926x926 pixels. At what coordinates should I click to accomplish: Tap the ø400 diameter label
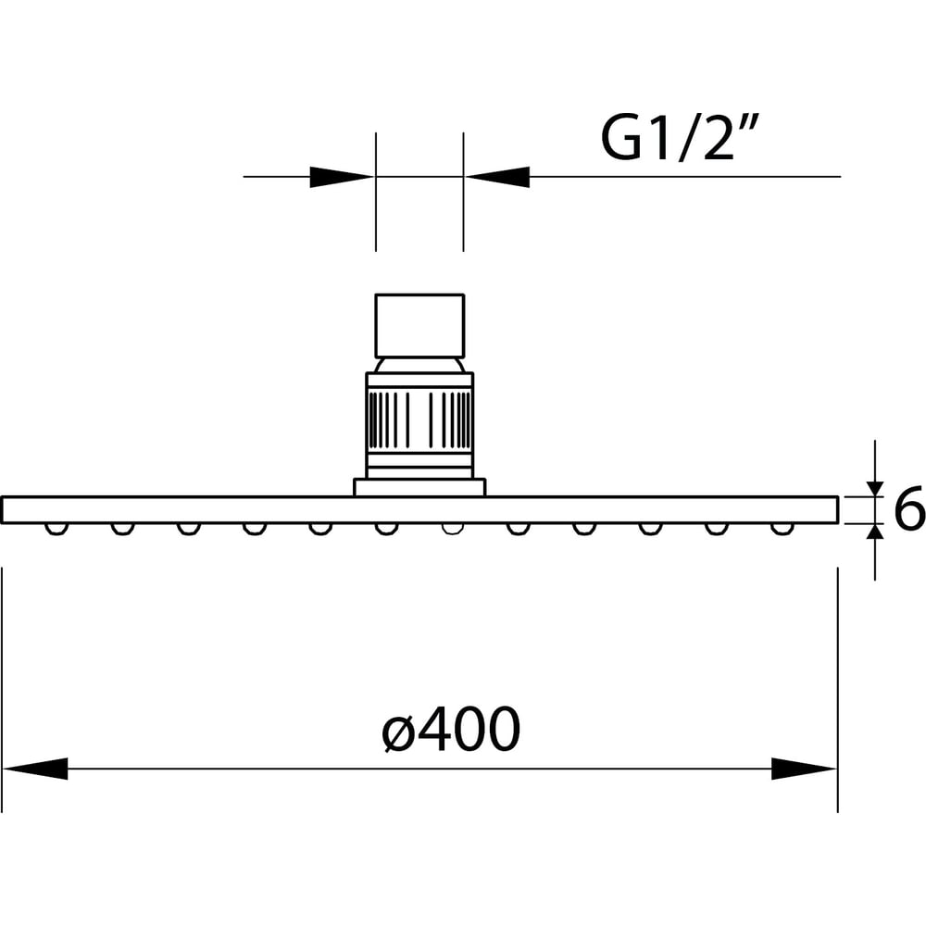pos(451,729)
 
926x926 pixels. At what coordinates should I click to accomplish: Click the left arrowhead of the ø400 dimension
pos(35,769)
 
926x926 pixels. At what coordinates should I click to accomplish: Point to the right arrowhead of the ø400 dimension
pos(805,769)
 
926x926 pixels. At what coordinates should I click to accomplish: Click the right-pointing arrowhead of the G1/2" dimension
pos(343,177)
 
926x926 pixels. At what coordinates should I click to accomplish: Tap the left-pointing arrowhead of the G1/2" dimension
pos(496,177)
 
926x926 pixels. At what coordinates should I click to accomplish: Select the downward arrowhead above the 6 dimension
pos(875,489)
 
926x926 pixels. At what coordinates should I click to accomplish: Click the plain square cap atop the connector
pos(419,326)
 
